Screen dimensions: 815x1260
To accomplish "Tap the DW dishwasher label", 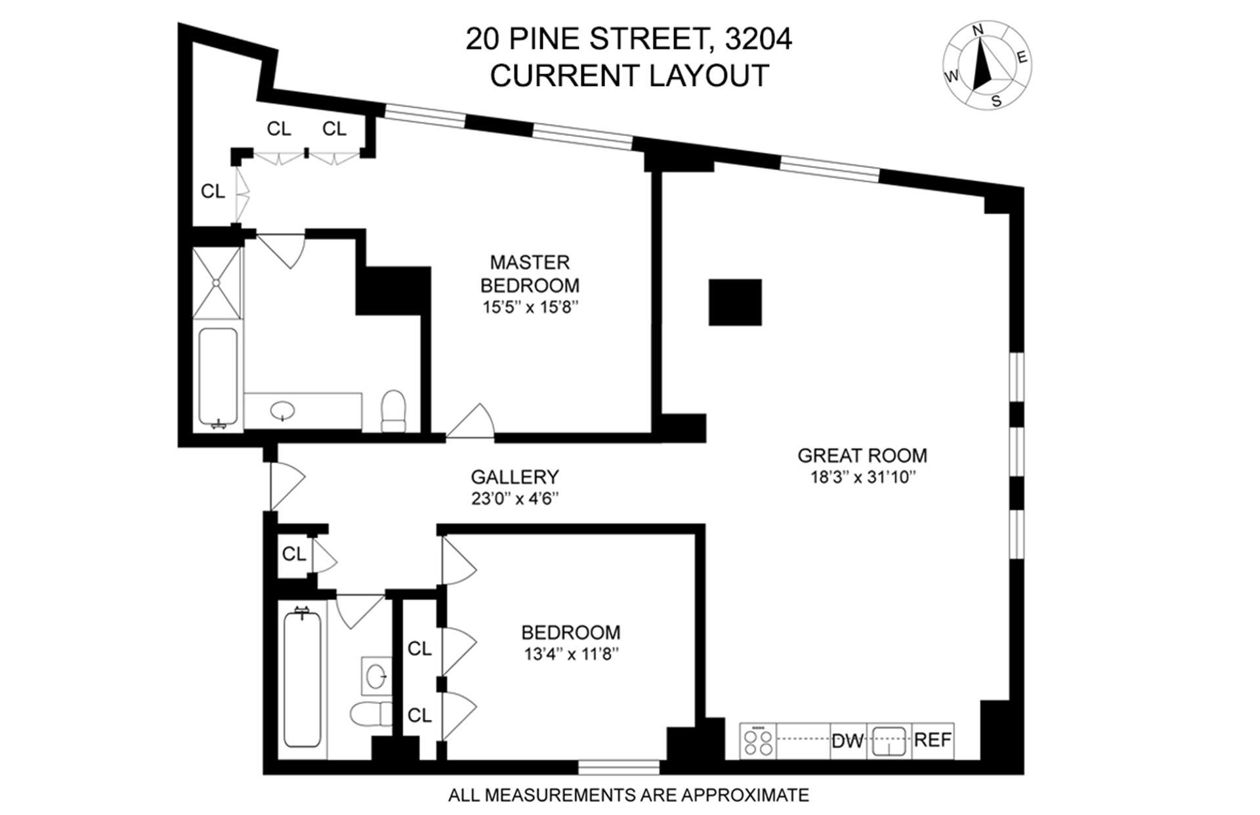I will coord(847,742).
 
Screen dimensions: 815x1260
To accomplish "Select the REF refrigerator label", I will coord(933,740).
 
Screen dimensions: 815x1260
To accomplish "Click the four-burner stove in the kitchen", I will coord(758,742).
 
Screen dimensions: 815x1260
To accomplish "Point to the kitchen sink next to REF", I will coord(889,742).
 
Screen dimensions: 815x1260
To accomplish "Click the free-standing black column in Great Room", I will coord(735,303).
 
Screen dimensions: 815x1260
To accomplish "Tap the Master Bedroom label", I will coord(530,274).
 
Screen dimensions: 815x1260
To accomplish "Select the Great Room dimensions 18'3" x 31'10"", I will coord(862,478).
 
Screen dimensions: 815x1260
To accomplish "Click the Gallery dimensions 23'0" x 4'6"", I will coord(514,499).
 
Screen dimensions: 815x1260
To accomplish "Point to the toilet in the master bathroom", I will coord(394,411).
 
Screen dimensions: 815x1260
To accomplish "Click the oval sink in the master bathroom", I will coord(283,411).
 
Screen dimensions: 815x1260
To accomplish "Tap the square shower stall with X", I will coord(217,283).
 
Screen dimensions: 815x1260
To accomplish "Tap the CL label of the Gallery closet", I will coord(293,554).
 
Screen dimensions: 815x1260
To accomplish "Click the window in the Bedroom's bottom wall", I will coord(619,766).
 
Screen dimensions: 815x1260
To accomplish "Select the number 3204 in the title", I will coord(759,39).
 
